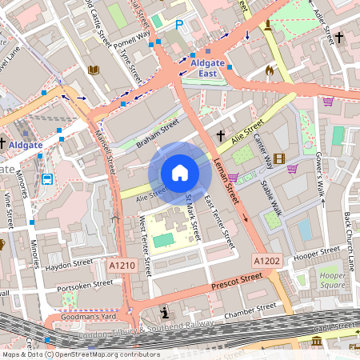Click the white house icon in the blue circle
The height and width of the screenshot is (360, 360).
(x=180, y=173)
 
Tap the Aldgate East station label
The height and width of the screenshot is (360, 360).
(x=206, y=67)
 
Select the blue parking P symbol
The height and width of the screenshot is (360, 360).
(x=178, y=26)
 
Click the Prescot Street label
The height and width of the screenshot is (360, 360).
(x=237, y=280)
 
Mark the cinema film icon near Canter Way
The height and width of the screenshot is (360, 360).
(x=278, y=158)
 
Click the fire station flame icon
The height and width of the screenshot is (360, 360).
(x=270, y=70)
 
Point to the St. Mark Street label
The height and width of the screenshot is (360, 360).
(x=193, y=217)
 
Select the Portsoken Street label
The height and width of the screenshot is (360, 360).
(x=80, y=284)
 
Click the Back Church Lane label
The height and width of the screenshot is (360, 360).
(x=349, y=240)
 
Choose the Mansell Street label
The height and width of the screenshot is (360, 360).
(x=104, y=153)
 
